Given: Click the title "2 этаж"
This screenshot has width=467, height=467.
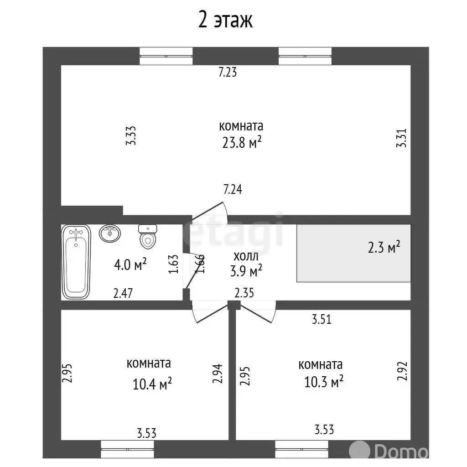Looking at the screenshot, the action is (x=225, y=20).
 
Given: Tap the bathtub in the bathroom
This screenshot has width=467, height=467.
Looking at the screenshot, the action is (x=76, y=262).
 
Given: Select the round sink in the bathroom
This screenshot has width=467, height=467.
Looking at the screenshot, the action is (x=110, y=233).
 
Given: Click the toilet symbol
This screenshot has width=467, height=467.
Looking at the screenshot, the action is (x=148, y=237).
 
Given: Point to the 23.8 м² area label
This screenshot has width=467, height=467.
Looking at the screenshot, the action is (x=242, y=143).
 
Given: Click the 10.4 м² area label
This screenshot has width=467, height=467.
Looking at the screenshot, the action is (x=152, y=384).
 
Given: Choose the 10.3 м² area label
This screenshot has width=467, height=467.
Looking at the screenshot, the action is (x=324, y=382).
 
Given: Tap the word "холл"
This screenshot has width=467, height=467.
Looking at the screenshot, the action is (x=246, y=256).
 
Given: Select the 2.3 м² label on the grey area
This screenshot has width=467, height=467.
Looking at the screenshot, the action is (x=384, y=247).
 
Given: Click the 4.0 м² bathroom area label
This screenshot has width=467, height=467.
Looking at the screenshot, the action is (x=130, y=265).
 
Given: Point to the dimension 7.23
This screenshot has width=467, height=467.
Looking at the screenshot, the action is (x=228, y=73).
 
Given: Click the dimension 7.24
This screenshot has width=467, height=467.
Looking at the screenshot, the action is (x=233, y=189).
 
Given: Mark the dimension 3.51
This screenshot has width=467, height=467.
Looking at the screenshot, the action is (x=322, y=319).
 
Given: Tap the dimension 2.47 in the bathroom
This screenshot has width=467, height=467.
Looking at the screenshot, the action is (x=123, y=293).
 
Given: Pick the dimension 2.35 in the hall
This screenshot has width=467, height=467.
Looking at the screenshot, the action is (x=244, y=293).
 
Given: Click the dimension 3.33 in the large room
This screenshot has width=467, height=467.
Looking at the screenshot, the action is (x=131, y=135).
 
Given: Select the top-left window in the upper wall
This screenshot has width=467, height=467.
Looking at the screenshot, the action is (x=166, y=56).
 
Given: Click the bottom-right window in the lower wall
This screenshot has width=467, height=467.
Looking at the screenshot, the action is (x=302, y=449).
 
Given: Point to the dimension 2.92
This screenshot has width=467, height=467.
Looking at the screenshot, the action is (x=402, y=371).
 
